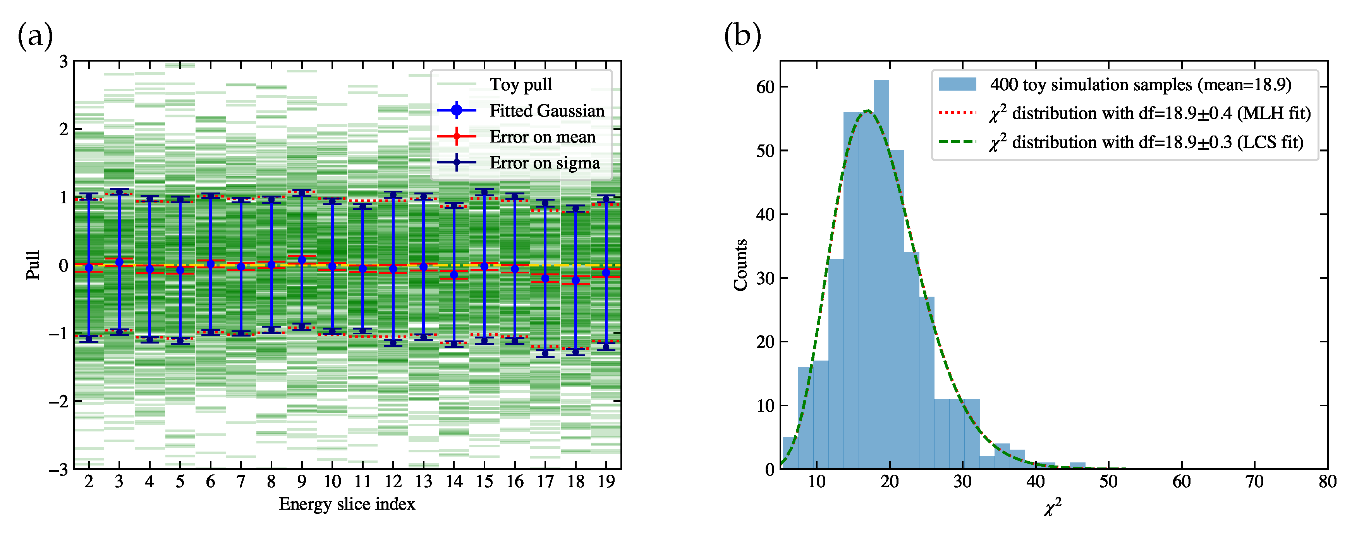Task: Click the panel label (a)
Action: (35, 36)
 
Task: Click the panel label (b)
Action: (742, 36)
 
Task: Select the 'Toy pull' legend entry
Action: (521, 85)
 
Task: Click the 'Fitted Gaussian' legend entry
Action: (546, 111)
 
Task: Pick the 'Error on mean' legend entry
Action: (542, 137)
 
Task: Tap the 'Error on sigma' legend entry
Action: (545, 163)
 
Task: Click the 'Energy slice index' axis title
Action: (347, 504)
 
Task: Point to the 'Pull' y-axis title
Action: (33, 265)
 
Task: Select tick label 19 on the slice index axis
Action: (606, 481)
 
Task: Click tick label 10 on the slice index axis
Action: (332, 481)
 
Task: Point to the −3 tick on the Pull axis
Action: (58, 470)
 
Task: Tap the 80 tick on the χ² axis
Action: (1327, 481)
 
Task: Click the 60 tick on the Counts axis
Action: (765, 87)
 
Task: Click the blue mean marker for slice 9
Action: (302, 260)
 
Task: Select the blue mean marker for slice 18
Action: (575, 280)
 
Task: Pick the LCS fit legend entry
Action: (1146, 143)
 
